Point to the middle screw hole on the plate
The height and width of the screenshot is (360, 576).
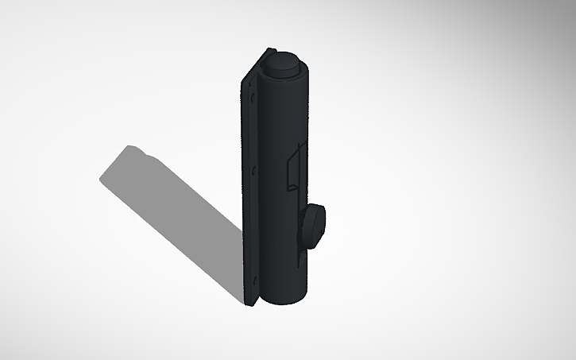coord(253,169)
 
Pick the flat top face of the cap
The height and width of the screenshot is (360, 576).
coord(284,61)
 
